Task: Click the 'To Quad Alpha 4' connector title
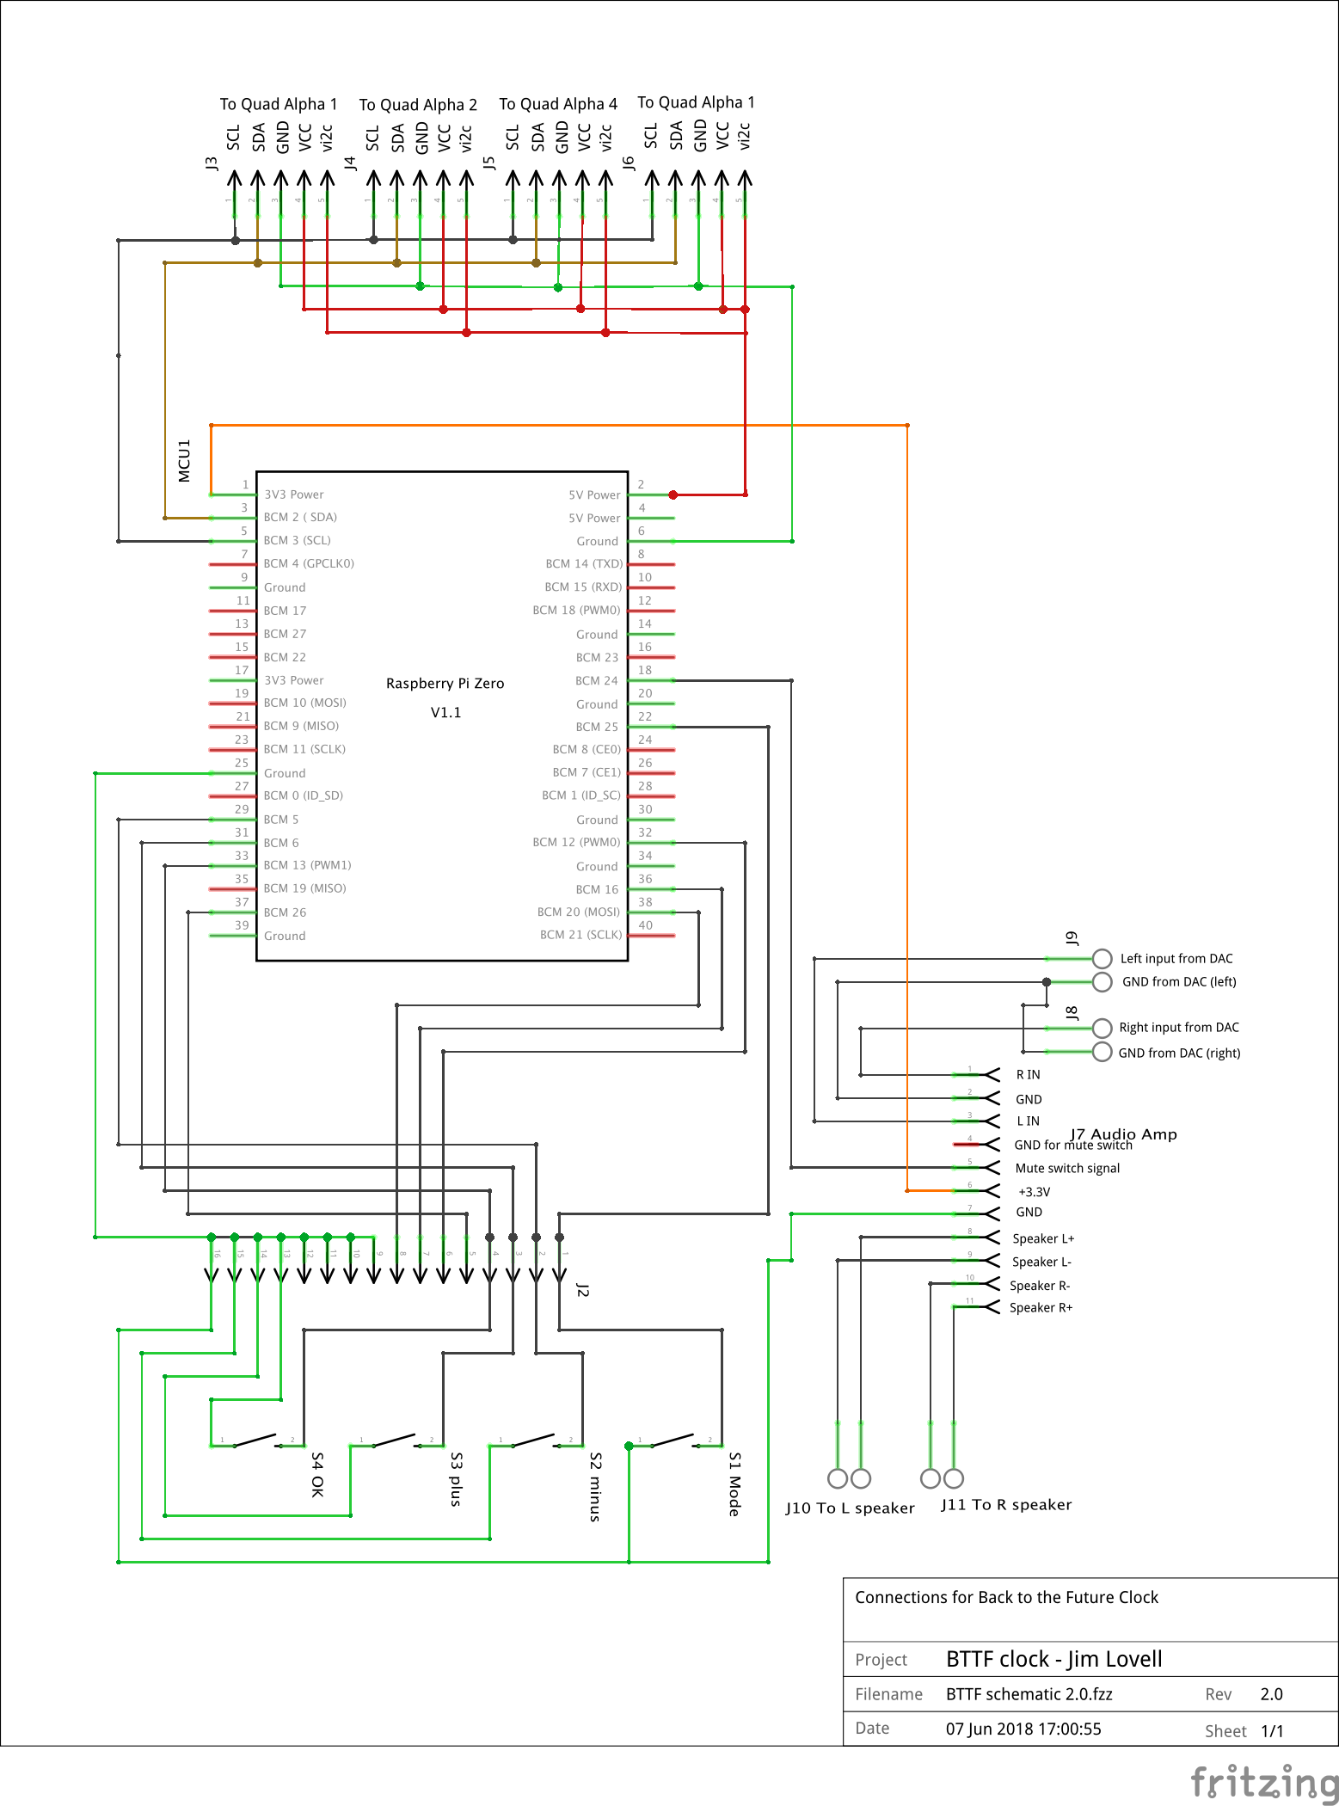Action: coord(558,104)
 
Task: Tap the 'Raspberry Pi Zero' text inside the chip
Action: coord(445,683)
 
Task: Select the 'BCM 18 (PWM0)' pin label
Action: coord(576,610)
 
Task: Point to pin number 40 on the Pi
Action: coord(646,925)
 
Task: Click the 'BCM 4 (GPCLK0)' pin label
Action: coord(309,563)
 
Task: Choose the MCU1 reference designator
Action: coord(184,461)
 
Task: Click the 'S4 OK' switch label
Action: coord(317,1475)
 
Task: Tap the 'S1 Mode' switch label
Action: coord(734,1483)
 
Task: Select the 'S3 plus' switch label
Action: coord(457,1479)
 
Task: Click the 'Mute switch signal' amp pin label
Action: coord(1067,1168)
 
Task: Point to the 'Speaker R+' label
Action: coord(1041,1307)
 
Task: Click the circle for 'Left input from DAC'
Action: coord(1103,958)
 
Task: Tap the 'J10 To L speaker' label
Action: coord(850,1508)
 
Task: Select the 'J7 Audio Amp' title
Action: coord(1123,1133)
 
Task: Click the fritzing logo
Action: coord(1264,1782)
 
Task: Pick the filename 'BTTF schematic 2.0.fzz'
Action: coord(1029,1694)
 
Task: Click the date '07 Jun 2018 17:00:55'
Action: coord(1023,1729)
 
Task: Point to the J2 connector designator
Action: coord(582,1290)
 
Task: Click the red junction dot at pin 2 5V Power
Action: coord(673,494)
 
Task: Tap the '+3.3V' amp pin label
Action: coord(1034,1192)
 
